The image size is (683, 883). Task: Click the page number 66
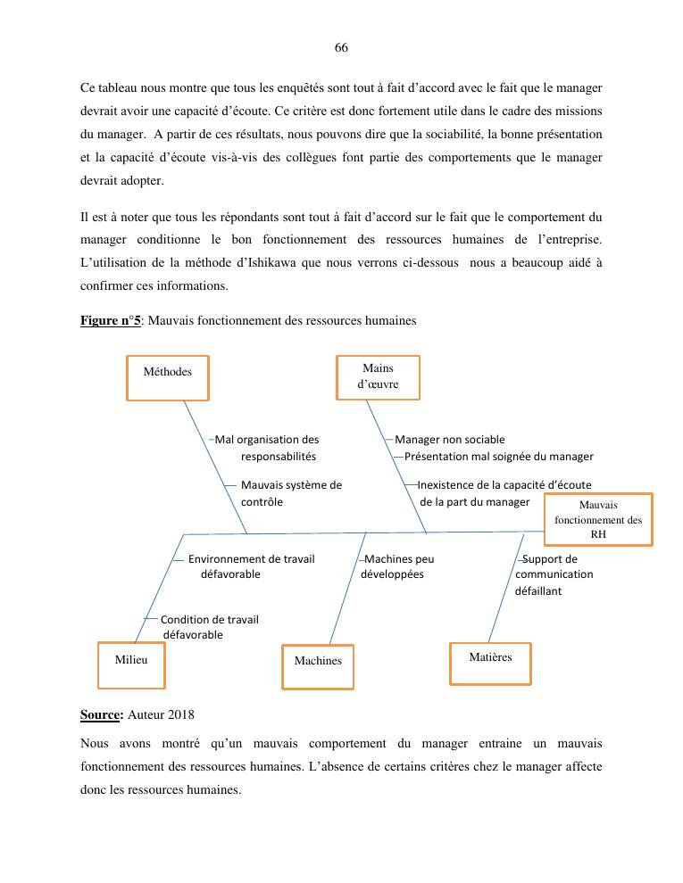[x=341, y=48]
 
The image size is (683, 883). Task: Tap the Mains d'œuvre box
[x=378, y=376]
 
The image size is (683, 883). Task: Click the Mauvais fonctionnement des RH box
[x=598, y=519]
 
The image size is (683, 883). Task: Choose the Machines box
[x=318, y=666]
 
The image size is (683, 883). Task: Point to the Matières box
[x=490, y=663]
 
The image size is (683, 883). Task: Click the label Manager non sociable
[x=450, y=440]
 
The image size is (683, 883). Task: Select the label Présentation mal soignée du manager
[x=498, y=457]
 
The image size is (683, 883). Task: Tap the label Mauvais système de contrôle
[x=291, y=493]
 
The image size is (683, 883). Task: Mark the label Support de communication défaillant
[x=554, y=574]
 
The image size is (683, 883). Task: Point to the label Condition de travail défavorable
[x=209, y=627]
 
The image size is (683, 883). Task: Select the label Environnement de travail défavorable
[x=251, y=566]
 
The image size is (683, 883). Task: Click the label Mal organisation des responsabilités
[x=267, y=448]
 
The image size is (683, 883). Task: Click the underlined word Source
[x=100, y=714]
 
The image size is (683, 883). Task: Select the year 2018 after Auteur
[x=179, y=714]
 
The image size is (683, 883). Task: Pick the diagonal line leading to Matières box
[x=505, y=589]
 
